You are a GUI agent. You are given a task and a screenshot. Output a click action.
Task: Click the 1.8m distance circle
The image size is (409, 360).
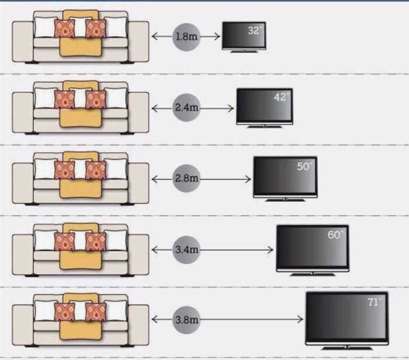click(x=186, y=37)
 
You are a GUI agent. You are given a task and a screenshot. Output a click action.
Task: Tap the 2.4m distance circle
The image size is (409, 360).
click(x=186, y=108)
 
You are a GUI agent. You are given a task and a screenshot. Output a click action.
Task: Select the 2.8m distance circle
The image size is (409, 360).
click(x=186, y=178)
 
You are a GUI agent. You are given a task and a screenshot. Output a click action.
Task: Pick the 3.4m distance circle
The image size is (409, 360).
click(x=186, y=250)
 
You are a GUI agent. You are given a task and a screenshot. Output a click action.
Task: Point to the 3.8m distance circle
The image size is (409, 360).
click(x=186, y=320)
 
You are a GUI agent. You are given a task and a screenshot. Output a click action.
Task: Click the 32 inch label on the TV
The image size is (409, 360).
click(x=254, y=30)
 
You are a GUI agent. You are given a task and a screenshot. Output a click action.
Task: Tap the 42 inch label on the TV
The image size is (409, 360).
click(x=281, y=97)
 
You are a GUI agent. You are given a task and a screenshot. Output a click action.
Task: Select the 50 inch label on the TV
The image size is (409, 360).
click(x=304, y=166)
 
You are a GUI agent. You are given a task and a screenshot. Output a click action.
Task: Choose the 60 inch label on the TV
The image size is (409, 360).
click(x=335, y=234)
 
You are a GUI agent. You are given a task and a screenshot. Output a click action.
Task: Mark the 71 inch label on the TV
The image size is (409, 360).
click(x=375, y=302)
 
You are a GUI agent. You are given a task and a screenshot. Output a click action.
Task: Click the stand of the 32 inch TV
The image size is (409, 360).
click(x=244, y=51)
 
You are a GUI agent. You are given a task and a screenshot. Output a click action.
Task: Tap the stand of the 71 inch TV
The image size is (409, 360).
click(x=346, y=348)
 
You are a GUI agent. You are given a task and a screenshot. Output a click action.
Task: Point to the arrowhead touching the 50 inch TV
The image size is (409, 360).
click(x=248, y=179)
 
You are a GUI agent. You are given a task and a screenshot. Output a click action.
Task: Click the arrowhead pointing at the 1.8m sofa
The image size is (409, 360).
click(x=155, y=36)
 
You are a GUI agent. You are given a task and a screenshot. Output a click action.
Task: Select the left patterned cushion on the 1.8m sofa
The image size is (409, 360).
click(x=64, y=29)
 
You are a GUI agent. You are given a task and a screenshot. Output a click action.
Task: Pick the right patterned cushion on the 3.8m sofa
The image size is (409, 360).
click(x=96, y=312)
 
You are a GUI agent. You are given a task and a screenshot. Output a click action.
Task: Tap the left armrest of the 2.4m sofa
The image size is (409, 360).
click(x=23, y=112)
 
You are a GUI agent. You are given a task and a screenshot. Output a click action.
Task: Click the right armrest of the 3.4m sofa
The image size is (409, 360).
click(x=138, y=254)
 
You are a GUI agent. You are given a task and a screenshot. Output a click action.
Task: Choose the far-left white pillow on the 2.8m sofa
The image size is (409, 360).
click(x=45, y=169)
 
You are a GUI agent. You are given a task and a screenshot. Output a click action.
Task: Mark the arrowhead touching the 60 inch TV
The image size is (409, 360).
click(x=270, y=250)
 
